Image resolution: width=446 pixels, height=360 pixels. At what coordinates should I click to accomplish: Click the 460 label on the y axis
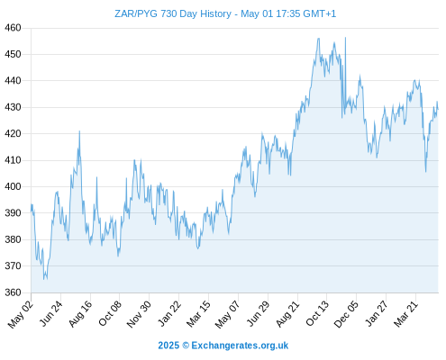[x=13, y=28]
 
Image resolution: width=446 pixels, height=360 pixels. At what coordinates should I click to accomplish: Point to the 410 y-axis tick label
[x=13, y=160]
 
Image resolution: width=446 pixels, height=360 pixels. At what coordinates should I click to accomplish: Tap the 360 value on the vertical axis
[x=13, y=292]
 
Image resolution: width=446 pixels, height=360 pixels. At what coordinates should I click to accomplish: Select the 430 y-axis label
[x=13, y=107]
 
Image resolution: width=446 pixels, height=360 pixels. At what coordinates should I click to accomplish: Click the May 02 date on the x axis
[x=21, y=313]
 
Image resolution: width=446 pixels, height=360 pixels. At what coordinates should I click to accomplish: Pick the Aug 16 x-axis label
[x=80, y=313]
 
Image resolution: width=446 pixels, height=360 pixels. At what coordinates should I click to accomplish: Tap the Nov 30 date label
[x=139, y=313]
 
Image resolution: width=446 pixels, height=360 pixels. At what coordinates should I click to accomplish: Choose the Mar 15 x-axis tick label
[x=198, y=313]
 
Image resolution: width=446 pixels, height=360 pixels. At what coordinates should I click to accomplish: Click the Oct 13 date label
[x=317, y=313]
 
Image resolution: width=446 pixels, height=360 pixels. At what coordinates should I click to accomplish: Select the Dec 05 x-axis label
[x=346, y=313]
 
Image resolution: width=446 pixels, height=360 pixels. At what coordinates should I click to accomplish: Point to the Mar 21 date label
[x=405, y=313]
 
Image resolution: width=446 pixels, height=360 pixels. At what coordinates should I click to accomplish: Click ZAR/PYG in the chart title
[x=136, y=13]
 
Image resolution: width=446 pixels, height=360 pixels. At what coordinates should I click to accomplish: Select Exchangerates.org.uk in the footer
[x=240, y=346]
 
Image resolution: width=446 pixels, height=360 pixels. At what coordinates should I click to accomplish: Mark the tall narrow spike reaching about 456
[x=345, y=38]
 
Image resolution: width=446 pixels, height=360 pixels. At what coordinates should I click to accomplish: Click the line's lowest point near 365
[x=44, y=279]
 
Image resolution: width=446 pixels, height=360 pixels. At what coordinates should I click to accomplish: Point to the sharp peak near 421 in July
[x=79, y=131]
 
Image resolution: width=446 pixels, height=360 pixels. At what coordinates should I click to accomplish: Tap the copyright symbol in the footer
[x=186, y=346]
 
